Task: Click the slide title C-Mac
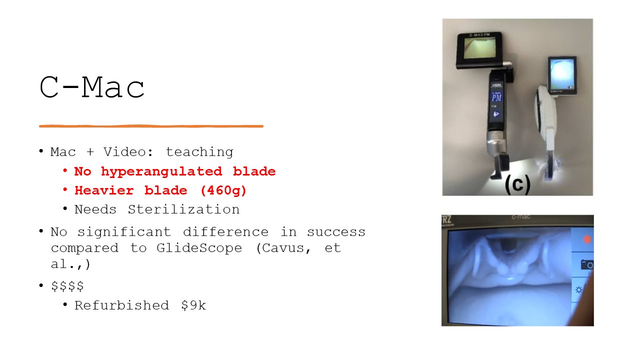point(92,87)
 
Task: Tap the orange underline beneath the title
point(151,126)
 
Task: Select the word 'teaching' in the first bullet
point(199,152)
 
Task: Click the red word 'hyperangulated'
point(161,171)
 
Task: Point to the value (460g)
point(223,190)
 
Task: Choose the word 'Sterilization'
point(183,209)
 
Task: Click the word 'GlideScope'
point(199,248)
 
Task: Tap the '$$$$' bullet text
point(67,285)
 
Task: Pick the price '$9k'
point(193,305)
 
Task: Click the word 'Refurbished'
point(121,305)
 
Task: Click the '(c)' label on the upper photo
point(517,184)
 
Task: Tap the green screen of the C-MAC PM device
point(479,47)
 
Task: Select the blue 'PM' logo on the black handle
point(496,98)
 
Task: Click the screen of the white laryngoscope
point(561,74)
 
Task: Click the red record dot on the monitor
point(587,239)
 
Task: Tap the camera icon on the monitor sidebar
point(587,265)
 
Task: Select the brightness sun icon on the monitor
point(579,290)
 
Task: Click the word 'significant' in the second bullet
point(124,232)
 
